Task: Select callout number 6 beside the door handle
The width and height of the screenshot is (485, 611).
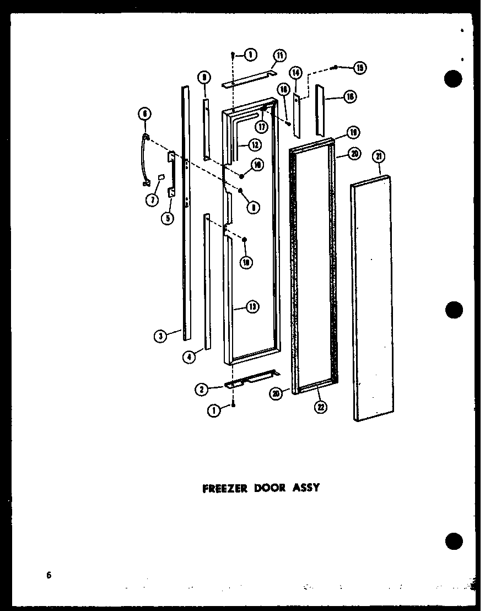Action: point(144,114)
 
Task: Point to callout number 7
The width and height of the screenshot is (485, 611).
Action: point(151,199)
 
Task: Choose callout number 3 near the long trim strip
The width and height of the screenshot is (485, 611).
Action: point(160,336)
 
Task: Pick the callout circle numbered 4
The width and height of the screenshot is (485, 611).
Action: point(190,357)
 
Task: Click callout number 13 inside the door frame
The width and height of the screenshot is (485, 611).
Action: point(253,307)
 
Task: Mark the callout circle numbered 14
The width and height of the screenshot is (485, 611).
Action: point(295,72)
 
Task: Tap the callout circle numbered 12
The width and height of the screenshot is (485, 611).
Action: point(254,145)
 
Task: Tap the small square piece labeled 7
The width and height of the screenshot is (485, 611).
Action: point(161,177)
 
